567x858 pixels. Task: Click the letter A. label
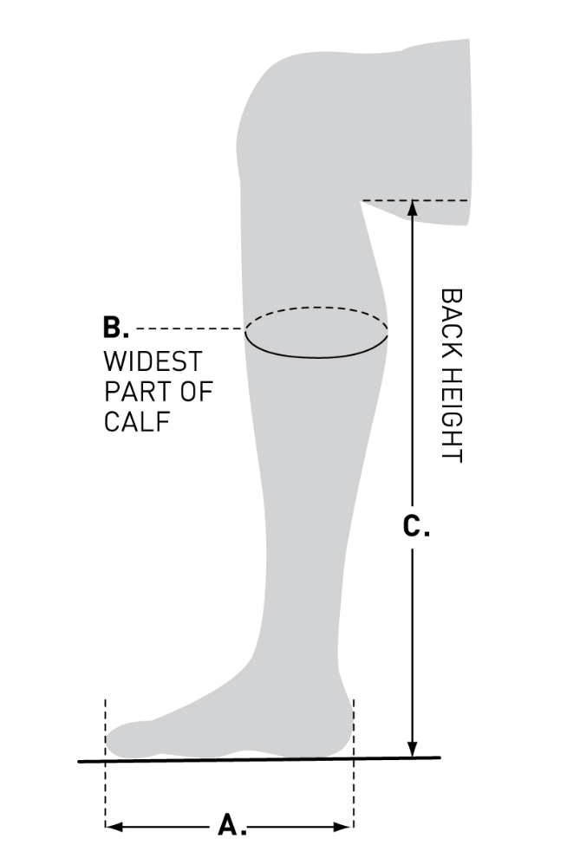point(231,824)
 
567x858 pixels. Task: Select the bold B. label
point(116,328)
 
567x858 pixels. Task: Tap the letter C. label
point(416,526)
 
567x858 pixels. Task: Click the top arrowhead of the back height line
point(414,208)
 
